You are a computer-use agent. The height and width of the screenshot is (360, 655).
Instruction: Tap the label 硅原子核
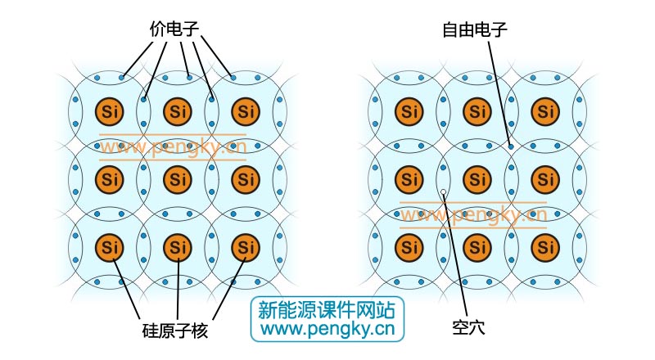coord(175,331)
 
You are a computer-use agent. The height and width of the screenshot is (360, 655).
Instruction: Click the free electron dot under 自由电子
coord(511,146)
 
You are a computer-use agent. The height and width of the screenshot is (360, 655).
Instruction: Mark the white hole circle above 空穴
coord(443,193)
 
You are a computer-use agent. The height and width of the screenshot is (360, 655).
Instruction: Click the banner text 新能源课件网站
coord(326,310)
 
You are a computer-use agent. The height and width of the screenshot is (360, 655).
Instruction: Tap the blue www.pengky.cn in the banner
coord(326,330)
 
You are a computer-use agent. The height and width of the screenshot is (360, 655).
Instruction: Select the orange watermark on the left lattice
coord(173,148)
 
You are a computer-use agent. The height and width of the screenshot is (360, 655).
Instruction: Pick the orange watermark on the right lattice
coord(472,215)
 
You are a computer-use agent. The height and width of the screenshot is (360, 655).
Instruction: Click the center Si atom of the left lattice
coord(177,178)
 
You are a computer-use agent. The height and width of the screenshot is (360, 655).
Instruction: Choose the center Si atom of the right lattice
coord(477,178)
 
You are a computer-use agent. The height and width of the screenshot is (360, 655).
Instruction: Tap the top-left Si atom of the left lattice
coord(108,110)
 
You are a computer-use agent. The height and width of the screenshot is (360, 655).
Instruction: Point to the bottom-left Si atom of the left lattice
coord(108,245)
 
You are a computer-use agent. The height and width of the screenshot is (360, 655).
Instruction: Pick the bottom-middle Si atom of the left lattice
coord(177,245)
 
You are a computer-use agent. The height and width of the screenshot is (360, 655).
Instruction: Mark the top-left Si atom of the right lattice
coord(409,110)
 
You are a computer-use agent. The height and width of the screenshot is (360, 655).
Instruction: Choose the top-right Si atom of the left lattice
coord(245,110)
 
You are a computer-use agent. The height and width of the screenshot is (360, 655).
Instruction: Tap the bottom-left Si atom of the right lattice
coord(409,245)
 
